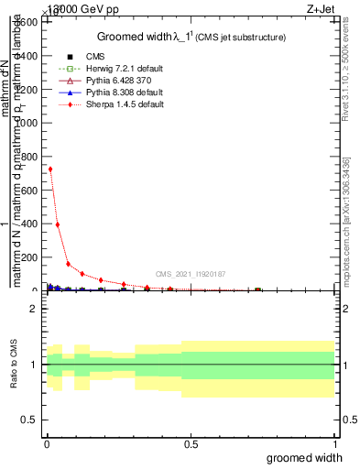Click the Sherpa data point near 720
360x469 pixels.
click(50, 169)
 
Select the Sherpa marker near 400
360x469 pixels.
click(58, 224)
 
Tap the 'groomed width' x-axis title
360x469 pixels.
click(304, 457)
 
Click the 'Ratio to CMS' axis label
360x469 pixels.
click(14, 365)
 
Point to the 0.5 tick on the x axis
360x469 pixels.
click(191, 442)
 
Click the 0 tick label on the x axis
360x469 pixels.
click(47, 442)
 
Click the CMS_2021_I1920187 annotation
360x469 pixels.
click(190, 274)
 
